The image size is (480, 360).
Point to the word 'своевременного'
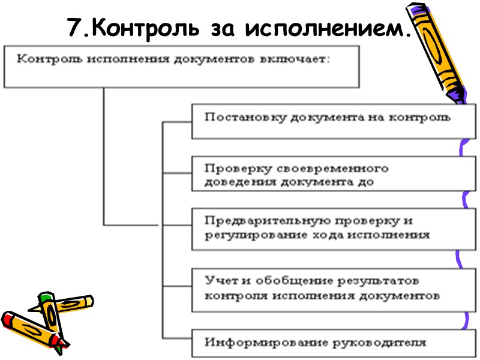click(x=335, y=168)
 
